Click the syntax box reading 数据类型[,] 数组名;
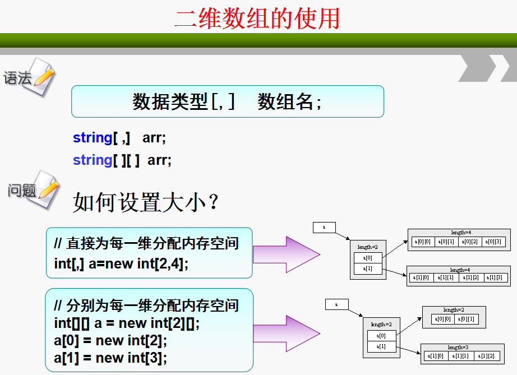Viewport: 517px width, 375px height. click(x=227, y=101)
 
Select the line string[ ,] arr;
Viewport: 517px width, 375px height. click(x=119, y=138)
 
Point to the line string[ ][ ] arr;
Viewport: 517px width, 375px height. click(x=122, y=160)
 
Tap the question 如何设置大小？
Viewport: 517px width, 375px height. click(x=145, y=202)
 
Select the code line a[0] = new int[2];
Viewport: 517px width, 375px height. click(x=110, y=340)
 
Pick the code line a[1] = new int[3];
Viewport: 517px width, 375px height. click(x=110, y=357)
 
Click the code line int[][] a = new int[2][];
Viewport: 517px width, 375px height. click(x=127, y=323)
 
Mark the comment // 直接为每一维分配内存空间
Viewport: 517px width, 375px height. click(x=146, y=244)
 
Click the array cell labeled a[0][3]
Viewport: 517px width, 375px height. click(x=494, y=242)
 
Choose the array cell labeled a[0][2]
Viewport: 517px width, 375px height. click(x=470, y=242)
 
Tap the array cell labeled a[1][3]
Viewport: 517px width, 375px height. click(x=494, y=277)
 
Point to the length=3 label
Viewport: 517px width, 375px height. click(x=458, y=348)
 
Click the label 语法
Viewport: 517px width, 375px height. click(x=17, y=78)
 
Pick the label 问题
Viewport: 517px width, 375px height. click(x=21, y=191)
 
